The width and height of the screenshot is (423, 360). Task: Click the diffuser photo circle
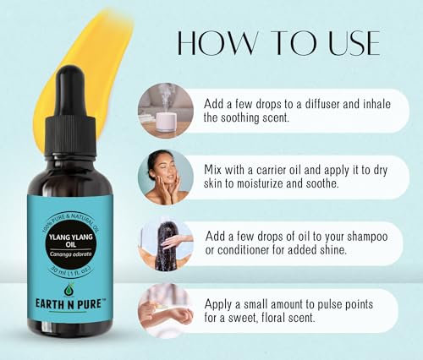pyautogui.click(x=166, y=111)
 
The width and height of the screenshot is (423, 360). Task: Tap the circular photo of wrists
pyautogui.click(x=166, y=312)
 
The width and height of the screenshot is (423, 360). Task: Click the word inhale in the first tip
pyautogui.click(x=384, y=103)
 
